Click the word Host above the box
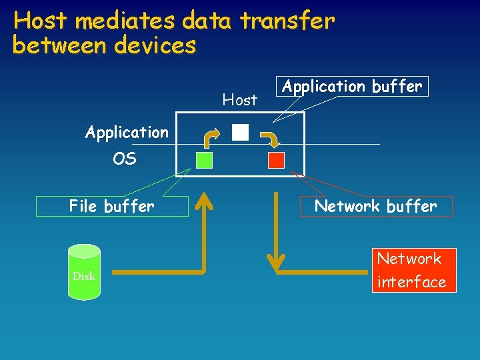[x=239, y=100]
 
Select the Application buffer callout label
[x=352, y=87]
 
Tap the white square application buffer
[x=240, y=132]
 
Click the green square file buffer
[x=205, y=160]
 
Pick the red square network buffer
[x=276, y=160]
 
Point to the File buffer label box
[x=111, y=207]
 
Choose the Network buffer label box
[x=375, y=207]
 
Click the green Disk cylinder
[x=84, y=270]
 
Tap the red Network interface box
[x=411, y=270]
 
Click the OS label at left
[x=125, y=159]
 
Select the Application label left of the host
[x=127, y=132]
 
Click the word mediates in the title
[x=124, y=21]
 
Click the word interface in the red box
[x=411, y=282]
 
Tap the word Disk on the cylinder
[x=84, y=276]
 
